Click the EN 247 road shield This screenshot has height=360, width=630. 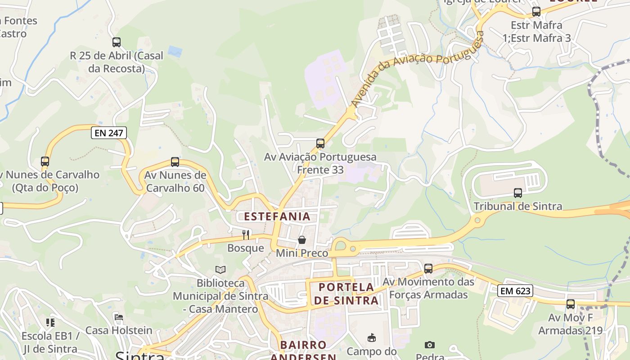click(x=108, y=133)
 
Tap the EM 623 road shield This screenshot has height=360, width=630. click(x=515, y=291)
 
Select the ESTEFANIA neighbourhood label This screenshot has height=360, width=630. click(x=277, y=216)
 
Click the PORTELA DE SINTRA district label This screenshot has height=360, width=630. click(x=346, y=294)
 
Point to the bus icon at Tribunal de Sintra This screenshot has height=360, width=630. click(x=518, y=193)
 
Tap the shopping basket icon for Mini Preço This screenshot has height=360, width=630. click(x=302, y=240)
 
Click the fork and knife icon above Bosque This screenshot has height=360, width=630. click(x=246, y=234)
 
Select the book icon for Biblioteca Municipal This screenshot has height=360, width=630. click(x=220, y=270)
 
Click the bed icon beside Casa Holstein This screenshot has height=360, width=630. click(x=119, y=317)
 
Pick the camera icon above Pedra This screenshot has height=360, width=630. click(x=430, y=345)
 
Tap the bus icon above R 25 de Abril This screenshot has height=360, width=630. click(x=117, y=42)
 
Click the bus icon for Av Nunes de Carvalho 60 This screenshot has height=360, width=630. click(x=175, y=162)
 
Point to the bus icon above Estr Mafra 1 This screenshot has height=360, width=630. click(x=536, y=12)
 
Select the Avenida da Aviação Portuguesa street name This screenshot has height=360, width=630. click(x=417, y=67)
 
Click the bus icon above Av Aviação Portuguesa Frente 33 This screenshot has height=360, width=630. click(x=320, y=144)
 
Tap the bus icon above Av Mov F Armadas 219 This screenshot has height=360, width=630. click(x=571, y=304)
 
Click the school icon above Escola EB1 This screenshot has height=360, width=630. click(x=50, y=322)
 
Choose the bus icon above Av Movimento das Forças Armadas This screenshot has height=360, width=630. click(x=428, y=269)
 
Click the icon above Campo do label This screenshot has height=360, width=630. click(x=372, y=338)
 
